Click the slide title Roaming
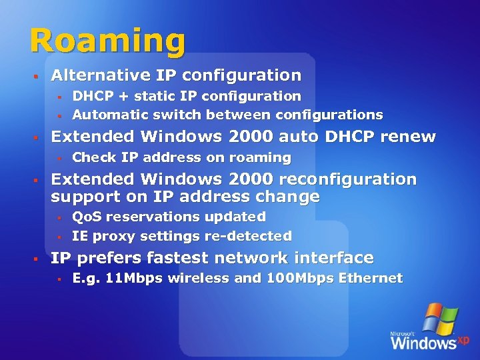click(x=107, y=41)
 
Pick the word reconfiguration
click(x=347, y=179)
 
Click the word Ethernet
click(x=369, y=279)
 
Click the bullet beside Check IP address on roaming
click(x=59, y=159)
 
